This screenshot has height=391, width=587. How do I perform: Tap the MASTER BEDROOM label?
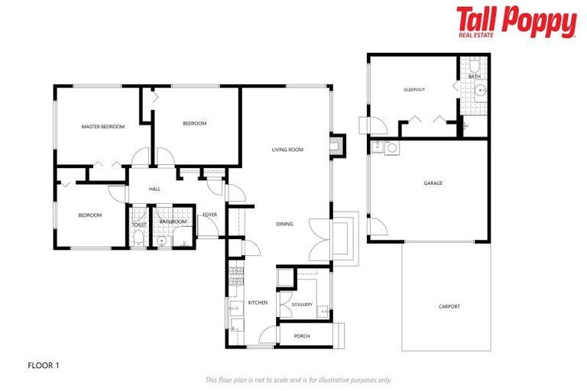pos(103,127)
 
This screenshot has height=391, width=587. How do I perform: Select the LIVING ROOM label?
pos(287,150)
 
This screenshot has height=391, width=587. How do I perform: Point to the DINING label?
pos(284,224)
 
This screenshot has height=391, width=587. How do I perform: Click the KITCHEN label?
pos(258,303)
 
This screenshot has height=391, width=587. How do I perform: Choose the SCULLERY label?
pos(302,304)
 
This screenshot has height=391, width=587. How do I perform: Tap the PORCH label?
pos(302,335)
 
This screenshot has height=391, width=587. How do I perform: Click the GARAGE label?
pos(433,183)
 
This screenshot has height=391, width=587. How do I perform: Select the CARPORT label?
pos(449,307)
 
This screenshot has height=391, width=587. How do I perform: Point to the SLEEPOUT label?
pos(413,90)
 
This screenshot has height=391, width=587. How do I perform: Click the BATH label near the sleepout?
pos(475,76)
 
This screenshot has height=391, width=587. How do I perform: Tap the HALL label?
pos(154,189)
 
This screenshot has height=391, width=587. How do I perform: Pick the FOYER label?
pos(209,215)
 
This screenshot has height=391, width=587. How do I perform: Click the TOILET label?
pos(139,225)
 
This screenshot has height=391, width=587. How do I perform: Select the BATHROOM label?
pos(173,221)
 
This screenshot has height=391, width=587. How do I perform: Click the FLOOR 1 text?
pos(43,365)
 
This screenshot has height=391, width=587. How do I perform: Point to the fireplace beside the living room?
pos(336,145)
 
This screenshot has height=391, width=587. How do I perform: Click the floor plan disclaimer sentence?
pos(298,380)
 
